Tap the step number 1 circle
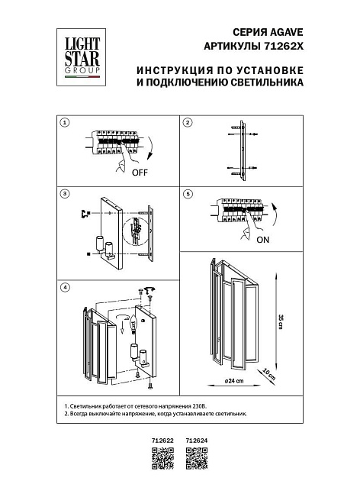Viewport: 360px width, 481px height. [x=66, y=122]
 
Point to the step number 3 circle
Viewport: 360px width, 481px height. [x=66, y=195]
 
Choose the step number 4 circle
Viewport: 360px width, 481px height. [x=66, y=287]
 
